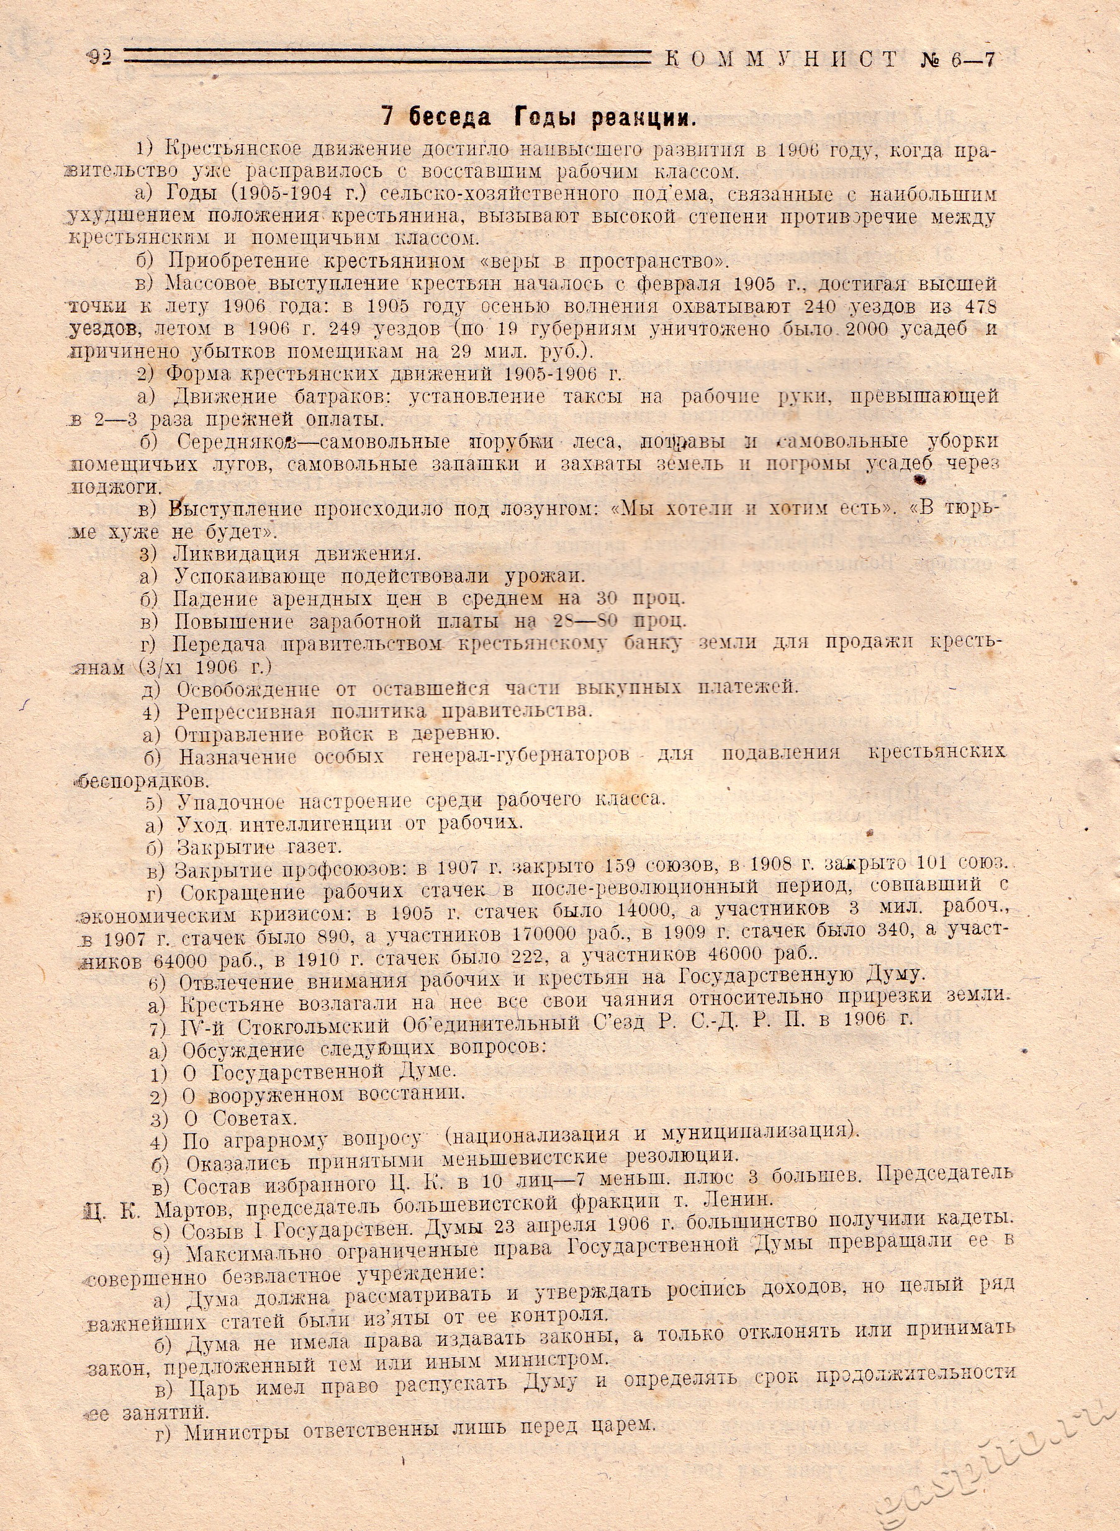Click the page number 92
tap(99, 59)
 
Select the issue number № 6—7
tap(957, 60)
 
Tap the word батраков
tap(340, 397)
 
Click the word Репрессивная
tap(246, 712)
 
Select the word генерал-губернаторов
tap(520, 755)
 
